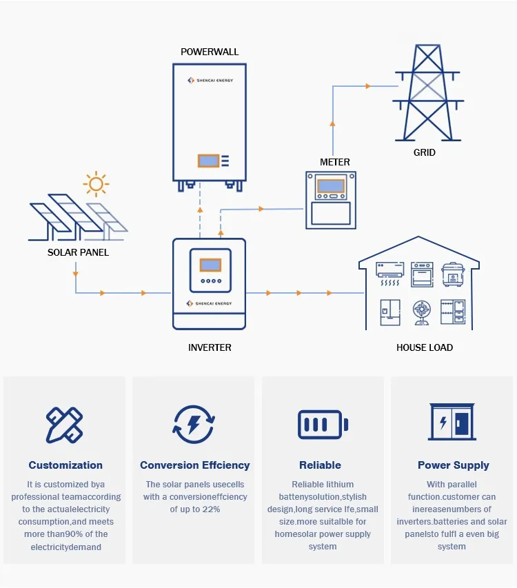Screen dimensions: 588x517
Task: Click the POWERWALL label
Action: tap(210, 52)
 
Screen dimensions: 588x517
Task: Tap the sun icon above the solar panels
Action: tap(95, 184)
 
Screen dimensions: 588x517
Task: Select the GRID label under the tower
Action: tap(424, 152)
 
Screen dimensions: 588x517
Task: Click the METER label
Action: tap(335, 162)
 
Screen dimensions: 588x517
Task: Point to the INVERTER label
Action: tap(210, 347)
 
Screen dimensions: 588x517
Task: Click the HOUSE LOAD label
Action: tap(425, 347)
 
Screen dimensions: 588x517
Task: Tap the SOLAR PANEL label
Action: tap(78, 252)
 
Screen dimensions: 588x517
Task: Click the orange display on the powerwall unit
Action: tap(208, 161)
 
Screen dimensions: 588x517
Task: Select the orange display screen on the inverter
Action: tap(210, 265)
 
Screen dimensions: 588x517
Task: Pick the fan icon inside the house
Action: tap(421, 312)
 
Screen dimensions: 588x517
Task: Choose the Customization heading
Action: tap(65, 465)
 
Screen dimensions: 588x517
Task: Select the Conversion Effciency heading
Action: tap(194, 465)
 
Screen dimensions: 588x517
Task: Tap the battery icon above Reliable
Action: tap(323, 424)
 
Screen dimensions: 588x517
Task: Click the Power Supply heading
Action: tap(453, 465)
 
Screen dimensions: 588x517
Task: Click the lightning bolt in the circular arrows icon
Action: tap(194, 424)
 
